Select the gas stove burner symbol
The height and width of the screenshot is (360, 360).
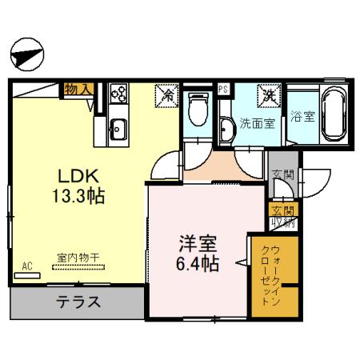119,94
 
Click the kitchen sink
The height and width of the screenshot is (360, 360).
118,127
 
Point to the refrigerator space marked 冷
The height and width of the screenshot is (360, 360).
168,94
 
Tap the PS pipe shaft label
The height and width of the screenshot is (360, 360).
223,90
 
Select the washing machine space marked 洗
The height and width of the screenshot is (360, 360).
268,94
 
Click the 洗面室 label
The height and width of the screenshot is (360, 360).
258,124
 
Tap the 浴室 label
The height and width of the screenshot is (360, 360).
302,115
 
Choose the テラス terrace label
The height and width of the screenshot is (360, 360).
78,302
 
